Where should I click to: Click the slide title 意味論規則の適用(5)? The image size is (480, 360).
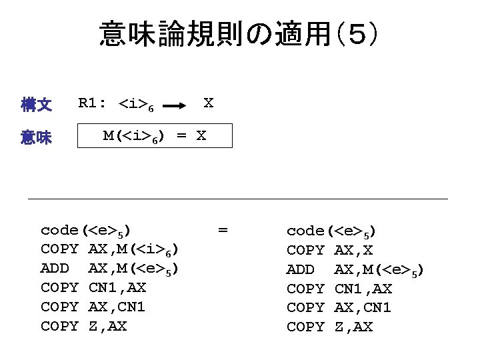click(240, 34)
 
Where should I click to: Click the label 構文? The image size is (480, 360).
click(36, 105)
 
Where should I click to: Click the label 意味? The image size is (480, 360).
click(36, 138)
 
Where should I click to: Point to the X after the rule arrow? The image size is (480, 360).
click(208, 103)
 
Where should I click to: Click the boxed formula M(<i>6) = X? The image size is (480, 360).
click(155, 136)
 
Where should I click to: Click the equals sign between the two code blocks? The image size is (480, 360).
click(223, 231)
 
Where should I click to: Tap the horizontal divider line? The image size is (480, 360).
click(237, 199)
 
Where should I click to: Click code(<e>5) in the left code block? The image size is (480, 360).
click(85, 231)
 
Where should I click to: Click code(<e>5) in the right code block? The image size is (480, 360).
click(331, 231)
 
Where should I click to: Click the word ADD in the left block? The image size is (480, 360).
click(55, 269)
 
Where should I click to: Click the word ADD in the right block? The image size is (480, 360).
click(301, 269)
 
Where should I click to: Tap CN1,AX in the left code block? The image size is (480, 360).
click(117, 288)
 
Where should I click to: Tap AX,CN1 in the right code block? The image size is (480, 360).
click(362, 307)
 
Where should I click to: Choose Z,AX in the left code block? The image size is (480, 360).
click(107, 326)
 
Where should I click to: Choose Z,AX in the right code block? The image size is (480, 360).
click(353, 326)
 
